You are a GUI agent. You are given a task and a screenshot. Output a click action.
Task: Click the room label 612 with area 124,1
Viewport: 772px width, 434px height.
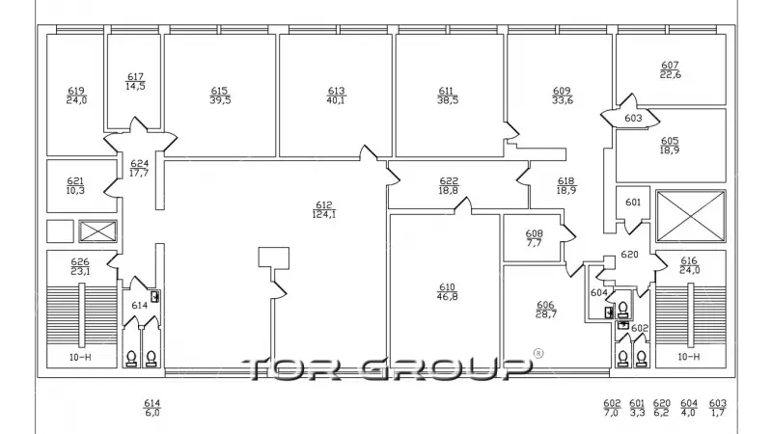[324, 209]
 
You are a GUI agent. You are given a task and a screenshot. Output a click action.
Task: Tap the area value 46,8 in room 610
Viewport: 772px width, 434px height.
[447, 296]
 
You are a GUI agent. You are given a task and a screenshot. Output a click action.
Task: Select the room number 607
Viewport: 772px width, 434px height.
[670, 65]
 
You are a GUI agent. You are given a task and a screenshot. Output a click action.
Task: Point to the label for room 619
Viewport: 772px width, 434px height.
[76, 95]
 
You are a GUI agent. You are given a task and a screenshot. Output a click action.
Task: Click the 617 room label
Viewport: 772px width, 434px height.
[135, 81]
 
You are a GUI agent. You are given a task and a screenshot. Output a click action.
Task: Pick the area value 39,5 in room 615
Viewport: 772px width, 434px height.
[220, 100]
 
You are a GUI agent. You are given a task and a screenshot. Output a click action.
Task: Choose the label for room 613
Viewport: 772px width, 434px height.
[336, 95]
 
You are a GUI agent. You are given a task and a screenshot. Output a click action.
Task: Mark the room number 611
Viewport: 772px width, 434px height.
[446, 91]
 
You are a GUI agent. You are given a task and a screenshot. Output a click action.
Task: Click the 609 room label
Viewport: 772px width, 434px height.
[563, 95]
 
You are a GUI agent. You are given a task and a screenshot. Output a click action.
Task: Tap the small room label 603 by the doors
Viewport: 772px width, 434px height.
[633, 118]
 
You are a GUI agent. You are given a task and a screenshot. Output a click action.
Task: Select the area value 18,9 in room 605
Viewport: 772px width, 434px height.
[670, 150]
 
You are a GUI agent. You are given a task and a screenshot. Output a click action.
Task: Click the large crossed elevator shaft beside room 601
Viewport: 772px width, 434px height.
[691, 216]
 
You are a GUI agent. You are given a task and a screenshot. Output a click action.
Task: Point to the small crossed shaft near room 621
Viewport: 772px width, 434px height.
[98, 231]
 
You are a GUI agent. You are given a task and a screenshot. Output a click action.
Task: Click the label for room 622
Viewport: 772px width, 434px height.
[449, 185]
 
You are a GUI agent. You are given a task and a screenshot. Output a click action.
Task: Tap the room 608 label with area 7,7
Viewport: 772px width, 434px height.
[535, 238]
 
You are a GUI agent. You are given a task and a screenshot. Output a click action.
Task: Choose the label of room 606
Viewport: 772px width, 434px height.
[546, 310]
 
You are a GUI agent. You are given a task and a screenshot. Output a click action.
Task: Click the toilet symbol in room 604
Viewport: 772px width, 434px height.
[622, 310]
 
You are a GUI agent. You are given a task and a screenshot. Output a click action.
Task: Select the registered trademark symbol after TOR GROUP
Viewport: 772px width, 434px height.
[538, 353]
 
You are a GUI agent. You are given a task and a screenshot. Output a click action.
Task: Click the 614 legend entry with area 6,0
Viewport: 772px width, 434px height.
[152, 408]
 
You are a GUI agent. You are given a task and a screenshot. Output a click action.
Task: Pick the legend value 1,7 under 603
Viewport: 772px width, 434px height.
[718, 413]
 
